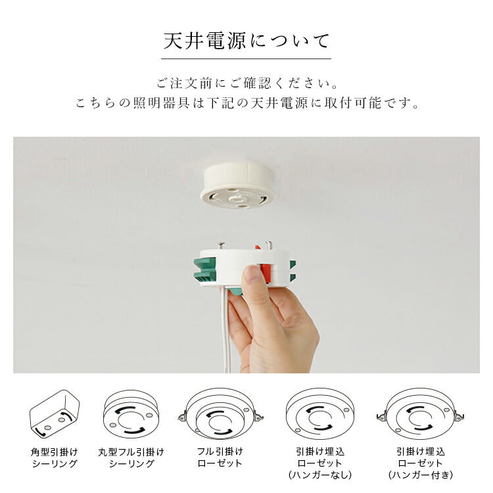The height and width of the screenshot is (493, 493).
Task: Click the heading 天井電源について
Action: click(246, 41)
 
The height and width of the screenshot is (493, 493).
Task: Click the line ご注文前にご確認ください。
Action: click(247, 83)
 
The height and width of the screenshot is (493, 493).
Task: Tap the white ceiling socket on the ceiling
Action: click(239, 185)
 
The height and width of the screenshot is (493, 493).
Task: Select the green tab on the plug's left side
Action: click(204, 270)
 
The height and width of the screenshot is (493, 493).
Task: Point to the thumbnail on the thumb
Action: click(253, 274)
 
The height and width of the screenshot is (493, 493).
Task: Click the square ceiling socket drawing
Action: click(54, 413)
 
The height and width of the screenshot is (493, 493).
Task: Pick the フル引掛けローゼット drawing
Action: click(220, 414)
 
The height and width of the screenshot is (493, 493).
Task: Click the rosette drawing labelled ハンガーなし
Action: click(319, 413)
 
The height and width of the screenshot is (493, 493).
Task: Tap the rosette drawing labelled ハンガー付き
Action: click(421, 413)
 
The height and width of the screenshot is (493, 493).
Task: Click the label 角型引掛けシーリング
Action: click(55, 458)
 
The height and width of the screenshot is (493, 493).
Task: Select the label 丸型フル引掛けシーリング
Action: click(131, 458)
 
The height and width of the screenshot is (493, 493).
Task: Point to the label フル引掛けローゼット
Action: click(220, 458)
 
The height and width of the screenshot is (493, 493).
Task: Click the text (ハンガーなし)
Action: click(320, 475)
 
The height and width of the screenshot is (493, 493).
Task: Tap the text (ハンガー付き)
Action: click(421, 475)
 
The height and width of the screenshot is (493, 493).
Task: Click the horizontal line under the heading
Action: click(246, 59)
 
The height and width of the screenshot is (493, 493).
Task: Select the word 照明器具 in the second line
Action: click(161, 103)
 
